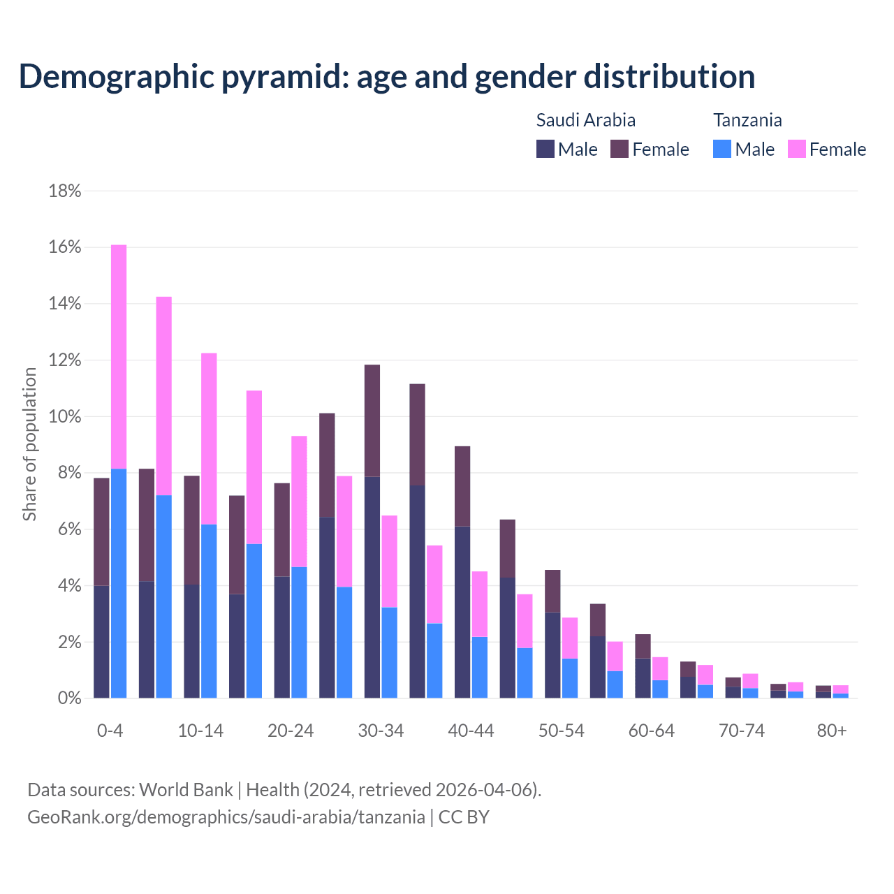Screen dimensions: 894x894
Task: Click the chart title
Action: click(x=387, y=77)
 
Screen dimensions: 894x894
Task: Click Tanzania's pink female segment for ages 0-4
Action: click(x=119, y=356)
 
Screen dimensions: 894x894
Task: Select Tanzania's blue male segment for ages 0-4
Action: click(x=119, y=583)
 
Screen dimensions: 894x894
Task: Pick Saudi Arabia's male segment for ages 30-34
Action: click(x=372, y=587)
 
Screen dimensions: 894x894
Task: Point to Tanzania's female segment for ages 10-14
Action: click(x=209, y=439)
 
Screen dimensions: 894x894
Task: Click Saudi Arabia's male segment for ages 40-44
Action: click(x=462, y=612)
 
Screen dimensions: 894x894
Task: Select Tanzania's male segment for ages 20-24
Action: click(x=299, y=632)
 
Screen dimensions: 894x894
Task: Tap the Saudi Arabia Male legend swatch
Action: click(x=545, y=149)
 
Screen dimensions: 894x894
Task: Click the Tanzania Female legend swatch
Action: click(x=797, y=149)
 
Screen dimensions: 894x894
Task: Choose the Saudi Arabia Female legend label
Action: click(x=661, y=149)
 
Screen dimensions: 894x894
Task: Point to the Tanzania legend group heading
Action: click(x=747, y=120)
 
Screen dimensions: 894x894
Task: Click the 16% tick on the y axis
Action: click(x=65, y=247)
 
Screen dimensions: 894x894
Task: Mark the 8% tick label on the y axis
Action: click(x=68, y=473)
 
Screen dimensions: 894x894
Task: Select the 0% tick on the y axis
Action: click(x=68, y=698)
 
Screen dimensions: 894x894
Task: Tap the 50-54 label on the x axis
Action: click(x=562, y=731)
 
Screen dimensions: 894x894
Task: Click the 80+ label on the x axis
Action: click(x=832, y=731)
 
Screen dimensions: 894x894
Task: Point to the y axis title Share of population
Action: click(x=30, y=444)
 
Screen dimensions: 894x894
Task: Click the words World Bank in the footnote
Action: click(x=186, y=790)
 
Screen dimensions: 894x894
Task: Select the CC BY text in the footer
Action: click(x=464, y=817)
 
